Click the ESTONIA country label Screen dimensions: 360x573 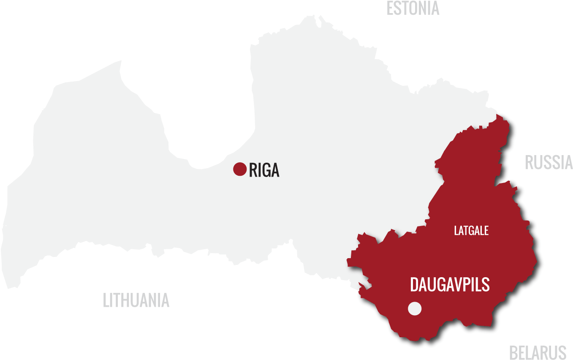[413, 8]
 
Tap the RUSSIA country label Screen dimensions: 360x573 [549, 162]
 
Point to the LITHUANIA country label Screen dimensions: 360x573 [136, 300]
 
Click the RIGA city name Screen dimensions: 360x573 [264, 170]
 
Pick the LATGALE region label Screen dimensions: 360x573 [471, 231]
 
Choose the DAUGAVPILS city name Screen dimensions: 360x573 [450, 285]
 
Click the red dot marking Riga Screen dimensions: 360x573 [240, 169]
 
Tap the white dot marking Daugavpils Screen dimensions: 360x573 [415, 308]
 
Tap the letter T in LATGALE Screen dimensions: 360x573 [466, 231]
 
